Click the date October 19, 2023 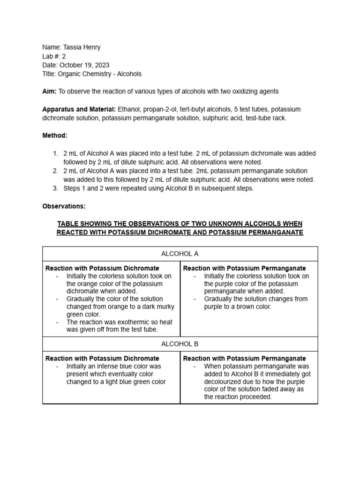(x=84, y=65)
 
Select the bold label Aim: (x=49, y=91)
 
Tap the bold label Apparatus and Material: (x=79, y=109)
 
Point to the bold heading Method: (x=55, y=135)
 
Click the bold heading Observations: (x=64, y=206)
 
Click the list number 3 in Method (x=55, y=188)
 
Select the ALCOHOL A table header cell (x=180, y=254)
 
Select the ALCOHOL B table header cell (x=180, y=344)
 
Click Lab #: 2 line (x=54, y=56)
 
